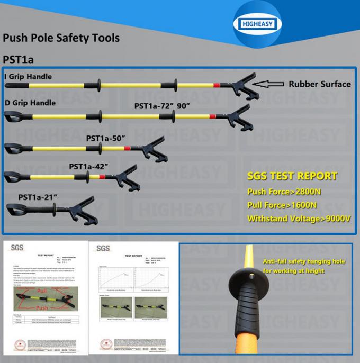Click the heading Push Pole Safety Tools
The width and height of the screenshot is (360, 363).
coord(61,38)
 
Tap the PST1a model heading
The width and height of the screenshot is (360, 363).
coord(19,60)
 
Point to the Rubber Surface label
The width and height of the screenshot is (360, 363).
coord(319,84)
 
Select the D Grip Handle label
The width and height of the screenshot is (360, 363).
coord(30,103)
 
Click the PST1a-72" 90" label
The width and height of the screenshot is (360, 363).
coord(161,106)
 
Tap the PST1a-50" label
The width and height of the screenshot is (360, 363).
coord(105,138)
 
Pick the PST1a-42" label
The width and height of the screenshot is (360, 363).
coord(88,166)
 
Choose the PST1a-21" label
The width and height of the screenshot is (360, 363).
coord(38,197)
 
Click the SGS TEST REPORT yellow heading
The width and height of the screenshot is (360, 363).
coord(292,176)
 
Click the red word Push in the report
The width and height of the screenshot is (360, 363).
coord(42,307)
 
